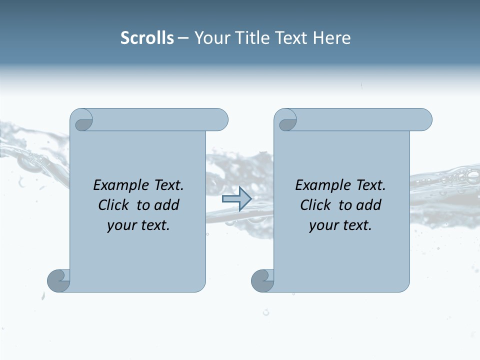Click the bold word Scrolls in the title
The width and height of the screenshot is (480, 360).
click(x=147, y=38)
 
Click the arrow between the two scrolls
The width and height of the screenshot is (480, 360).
click(x=236, y=199)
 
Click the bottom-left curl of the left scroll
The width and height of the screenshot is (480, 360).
click(x=58, y=280)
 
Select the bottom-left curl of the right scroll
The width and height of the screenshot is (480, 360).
click(x=262, y=280)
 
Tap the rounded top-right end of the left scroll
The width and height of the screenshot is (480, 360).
click(x=220, y=120)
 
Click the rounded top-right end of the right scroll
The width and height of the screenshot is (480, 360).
click(x=424, y=120)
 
